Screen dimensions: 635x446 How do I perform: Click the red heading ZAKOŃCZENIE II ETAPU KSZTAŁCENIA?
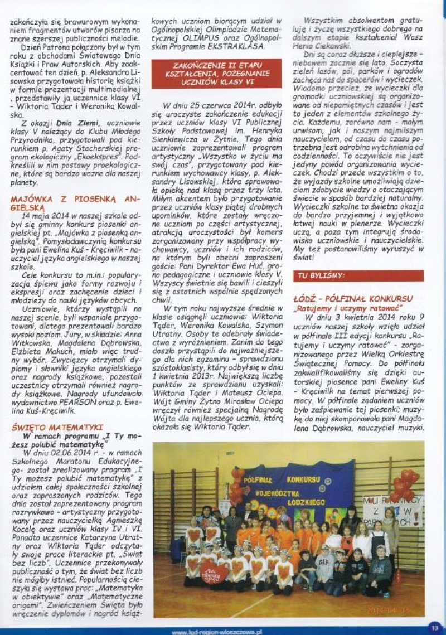click(216, 74)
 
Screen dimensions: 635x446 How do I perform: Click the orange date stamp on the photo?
click(388, 610)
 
